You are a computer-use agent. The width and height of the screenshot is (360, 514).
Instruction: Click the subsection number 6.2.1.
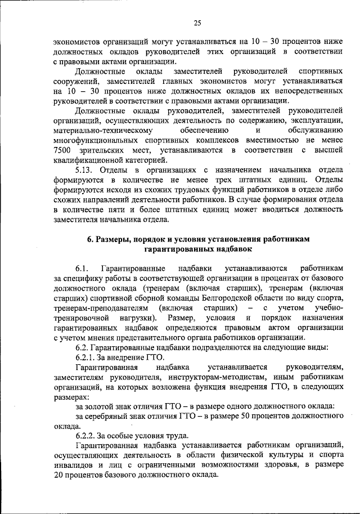click(x=87, y=357)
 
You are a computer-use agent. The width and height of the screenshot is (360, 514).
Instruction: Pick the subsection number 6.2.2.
click(x=87, y=436)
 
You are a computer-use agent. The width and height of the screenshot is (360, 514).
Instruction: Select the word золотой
click(x=99, y=406)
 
